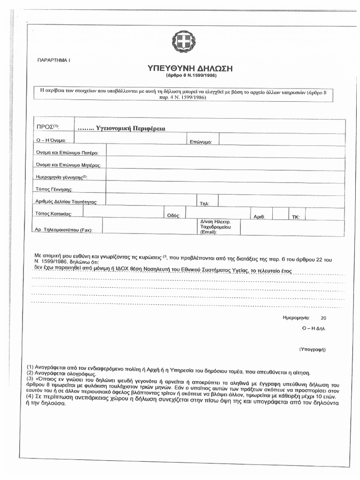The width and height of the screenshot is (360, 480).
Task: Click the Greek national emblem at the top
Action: [x=184, y=42]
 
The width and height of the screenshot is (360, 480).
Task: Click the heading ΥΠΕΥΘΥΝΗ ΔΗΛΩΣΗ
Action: [x=196, y=68]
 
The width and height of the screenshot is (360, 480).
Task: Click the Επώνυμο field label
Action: [x=202, y=141]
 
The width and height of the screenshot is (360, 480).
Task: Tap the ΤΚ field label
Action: [x=296, y=217]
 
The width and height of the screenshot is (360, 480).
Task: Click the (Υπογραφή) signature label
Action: [x=312, y=350]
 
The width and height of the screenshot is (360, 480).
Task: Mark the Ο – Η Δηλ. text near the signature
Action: [x=314, y=329]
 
